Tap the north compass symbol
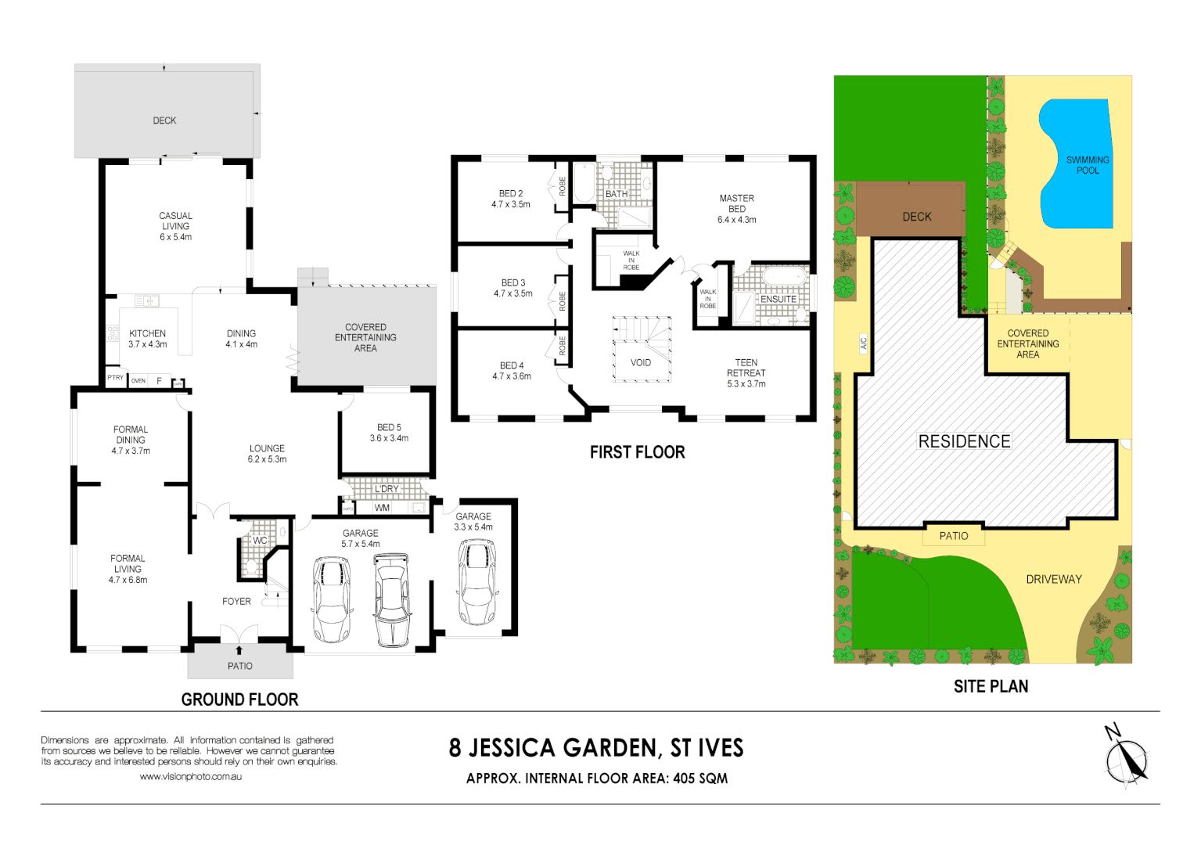point(1126,758)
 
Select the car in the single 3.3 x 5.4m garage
point(476,583)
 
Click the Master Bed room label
point(736,209)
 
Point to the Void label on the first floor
point(641,363)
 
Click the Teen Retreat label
point(746,373)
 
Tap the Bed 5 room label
point(389,433)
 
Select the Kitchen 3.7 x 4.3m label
point(147,339)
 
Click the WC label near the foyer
point(260,541)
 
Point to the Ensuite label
point(778,299)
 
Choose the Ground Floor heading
point(239,699)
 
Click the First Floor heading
point(637,452)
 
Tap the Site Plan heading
point(991,686)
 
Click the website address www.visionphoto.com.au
point(190,777)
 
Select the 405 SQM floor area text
point(700,778)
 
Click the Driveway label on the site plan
point(1053,580)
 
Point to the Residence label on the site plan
point(964,441)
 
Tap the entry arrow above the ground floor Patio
point(239,649)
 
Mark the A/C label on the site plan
point(864,343)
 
